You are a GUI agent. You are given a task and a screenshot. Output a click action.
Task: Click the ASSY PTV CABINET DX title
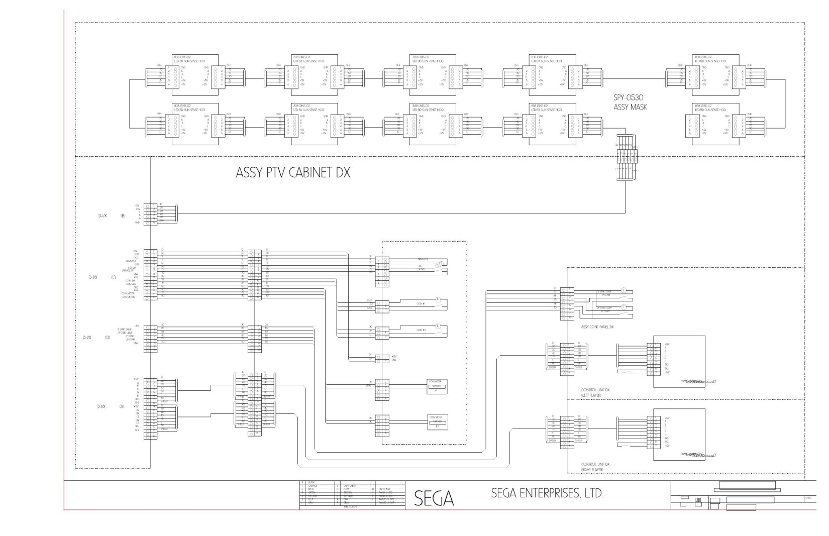(293, 173)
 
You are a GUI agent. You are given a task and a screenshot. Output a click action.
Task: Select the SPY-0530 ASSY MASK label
(630, 102)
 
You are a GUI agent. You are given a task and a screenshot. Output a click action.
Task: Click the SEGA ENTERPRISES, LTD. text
(547, 493)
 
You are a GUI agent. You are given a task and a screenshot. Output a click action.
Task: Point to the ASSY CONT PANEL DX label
(597, 327)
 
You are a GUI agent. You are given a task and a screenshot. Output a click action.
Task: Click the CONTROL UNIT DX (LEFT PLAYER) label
(595, 392)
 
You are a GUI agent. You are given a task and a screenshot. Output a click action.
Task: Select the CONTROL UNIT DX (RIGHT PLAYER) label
(595, 467)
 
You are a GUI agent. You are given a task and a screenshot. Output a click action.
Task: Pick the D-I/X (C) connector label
(103, 277)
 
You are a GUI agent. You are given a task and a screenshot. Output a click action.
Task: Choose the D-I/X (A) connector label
(111, 406)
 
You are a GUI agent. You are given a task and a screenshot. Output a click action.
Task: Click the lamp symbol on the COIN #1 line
(438, 299)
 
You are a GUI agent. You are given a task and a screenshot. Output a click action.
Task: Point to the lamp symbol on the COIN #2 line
(438, 325)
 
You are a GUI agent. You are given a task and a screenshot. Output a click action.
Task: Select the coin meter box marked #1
(437, 386)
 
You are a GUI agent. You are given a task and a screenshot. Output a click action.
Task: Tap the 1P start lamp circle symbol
(624, 289)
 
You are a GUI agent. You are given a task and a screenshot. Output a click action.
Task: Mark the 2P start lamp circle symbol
(624, 306)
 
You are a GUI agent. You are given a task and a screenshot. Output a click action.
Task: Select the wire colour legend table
(352, 495)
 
